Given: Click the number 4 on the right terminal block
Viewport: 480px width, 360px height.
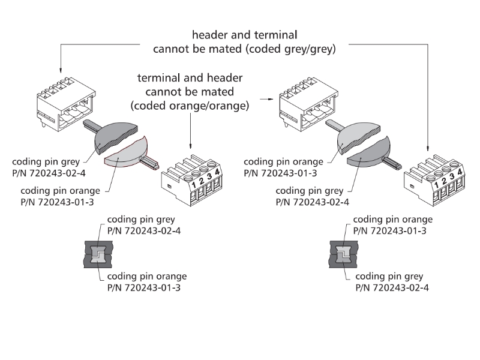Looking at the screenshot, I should click(x=460, y=173).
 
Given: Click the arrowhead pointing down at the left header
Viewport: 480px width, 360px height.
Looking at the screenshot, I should click(x=61, y=71).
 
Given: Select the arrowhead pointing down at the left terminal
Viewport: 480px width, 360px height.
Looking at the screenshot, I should click(x=190, y=149).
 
